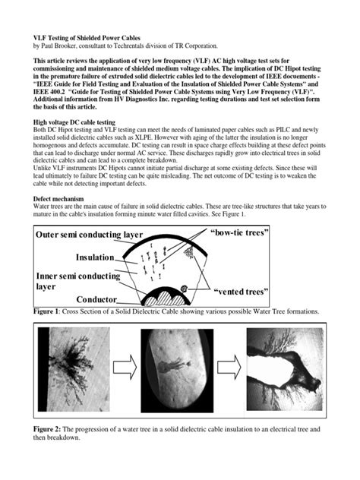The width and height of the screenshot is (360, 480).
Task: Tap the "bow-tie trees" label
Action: [240, 230]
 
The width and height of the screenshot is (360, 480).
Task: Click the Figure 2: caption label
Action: [49, 431]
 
